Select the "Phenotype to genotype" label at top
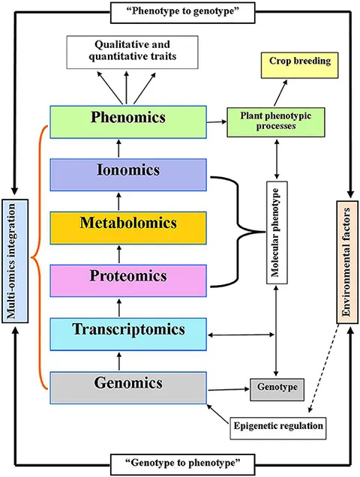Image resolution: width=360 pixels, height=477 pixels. [180, 11]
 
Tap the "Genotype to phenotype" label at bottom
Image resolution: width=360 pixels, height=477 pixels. [180, 463]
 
